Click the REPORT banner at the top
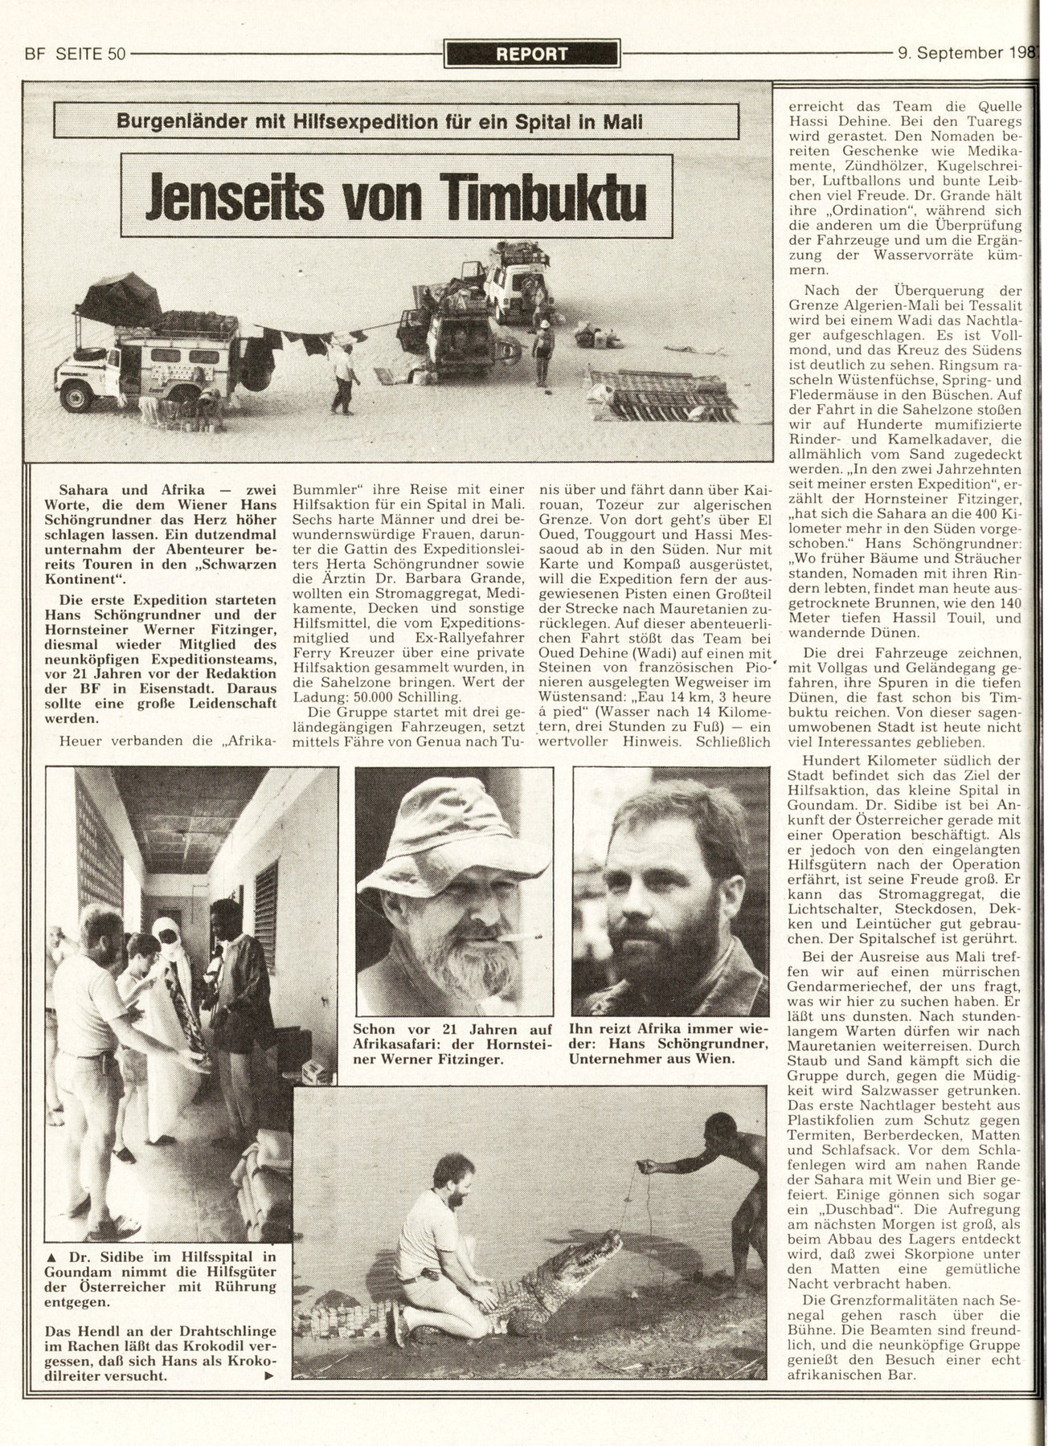pyautogui.click(x=532, y=54)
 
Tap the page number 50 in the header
pyautogui.click(x=115, y=55)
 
